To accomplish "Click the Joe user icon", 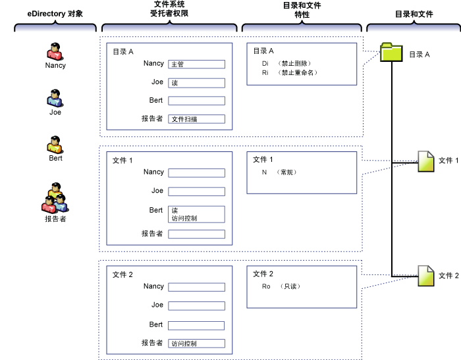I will pos(55,98).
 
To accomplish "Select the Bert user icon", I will pos(55,144).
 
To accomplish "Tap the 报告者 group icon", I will pos(55,197).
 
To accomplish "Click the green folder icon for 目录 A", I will pos(391,53).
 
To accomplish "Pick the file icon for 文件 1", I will pos(426,161).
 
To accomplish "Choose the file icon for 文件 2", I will pos(426,275).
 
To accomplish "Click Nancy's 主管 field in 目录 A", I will pos(196,64).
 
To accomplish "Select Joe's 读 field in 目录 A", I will pos(196,83).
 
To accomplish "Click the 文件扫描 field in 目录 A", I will pos(196,119).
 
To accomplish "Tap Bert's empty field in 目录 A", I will pos(196,101).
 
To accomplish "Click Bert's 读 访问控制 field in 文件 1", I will pos(196,214).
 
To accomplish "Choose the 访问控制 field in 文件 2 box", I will pos(196,343).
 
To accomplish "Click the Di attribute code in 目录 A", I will pos(265,63).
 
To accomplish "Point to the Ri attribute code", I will pos(265,72).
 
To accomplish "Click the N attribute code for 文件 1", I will pos(264,172).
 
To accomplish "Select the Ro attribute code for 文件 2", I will pos(266,286).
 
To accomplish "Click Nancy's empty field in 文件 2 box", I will pos(196,287).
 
